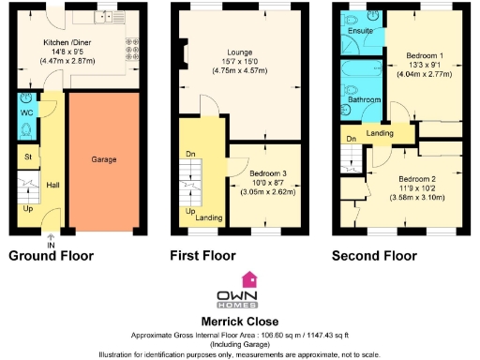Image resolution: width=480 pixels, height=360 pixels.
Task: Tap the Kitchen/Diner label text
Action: click(x=73, y=43)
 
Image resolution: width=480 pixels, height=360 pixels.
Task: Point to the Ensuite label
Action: click(x=359, y=31)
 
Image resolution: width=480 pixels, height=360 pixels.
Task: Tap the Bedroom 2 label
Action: click(x=417, y=179)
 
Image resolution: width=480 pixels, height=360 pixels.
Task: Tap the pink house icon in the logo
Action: click(x=249, y=278)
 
